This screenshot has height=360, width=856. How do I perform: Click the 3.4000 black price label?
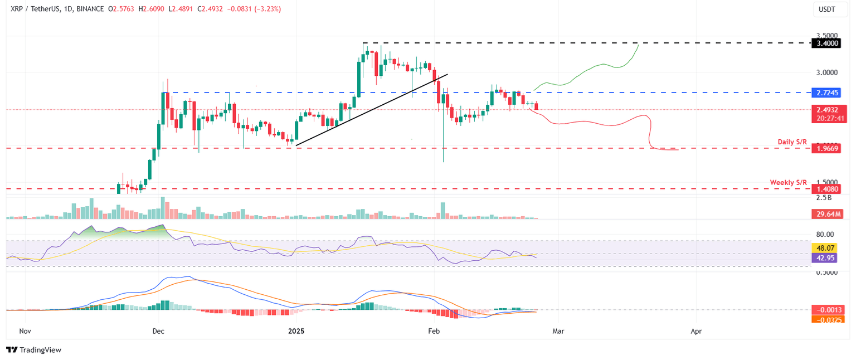point(826,43)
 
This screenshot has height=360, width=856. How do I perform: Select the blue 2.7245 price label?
point(826,93)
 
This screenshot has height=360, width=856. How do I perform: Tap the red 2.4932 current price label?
point(826,110)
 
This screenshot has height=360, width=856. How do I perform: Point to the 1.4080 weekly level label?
point(826,189)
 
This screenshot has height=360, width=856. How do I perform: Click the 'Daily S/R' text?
point(792,142)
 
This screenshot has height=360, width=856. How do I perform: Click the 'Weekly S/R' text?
point(788,182)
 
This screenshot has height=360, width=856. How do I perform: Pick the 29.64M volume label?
point(826,214)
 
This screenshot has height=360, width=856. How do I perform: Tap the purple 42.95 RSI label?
point(826,258)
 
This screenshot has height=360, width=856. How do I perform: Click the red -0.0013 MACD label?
point(826,310)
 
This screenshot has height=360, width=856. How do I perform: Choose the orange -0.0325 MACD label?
point(826,319)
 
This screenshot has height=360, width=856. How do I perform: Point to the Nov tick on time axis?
point(25,331)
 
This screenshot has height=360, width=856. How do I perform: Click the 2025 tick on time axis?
point(296,331)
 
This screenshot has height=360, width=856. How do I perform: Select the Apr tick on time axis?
point(696,331)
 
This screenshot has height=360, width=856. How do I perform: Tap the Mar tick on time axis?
point(558,331)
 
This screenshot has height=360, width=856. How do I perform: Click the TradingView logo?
point(33,350)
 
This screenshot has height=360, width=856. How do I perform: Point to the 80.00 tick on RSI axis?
point(825,235)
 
